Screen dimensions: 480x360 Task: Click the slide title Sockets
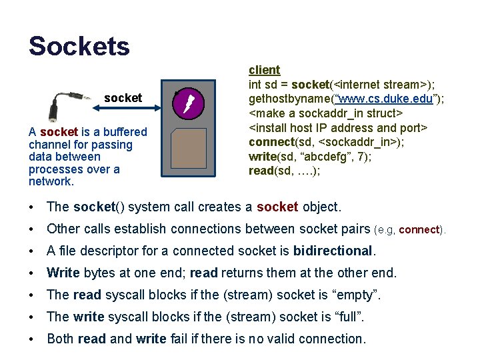pyautogui.click(x=79, y=47)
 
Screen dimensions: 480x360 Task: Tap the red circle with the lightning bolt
pyautogui.click(x=188, y=103)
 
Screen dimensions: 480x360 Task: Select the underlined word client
pyautogui.click(x=264, y=70)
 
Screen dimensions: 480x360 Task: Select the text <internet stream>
pyautogui.click(x=374, y=84)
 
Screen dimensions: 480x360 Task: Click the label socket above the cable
pyautogui.click(x=123, y=98)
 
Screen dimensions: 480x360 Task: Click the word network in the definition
pyautogui.click(x=50, y=181)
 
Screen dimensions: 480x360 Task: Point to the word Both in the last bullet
pyautogui.click(x=60, y=339)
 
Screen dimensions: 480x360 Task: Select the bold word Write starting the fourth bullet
pyautogui.click(x=63, y=273)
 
